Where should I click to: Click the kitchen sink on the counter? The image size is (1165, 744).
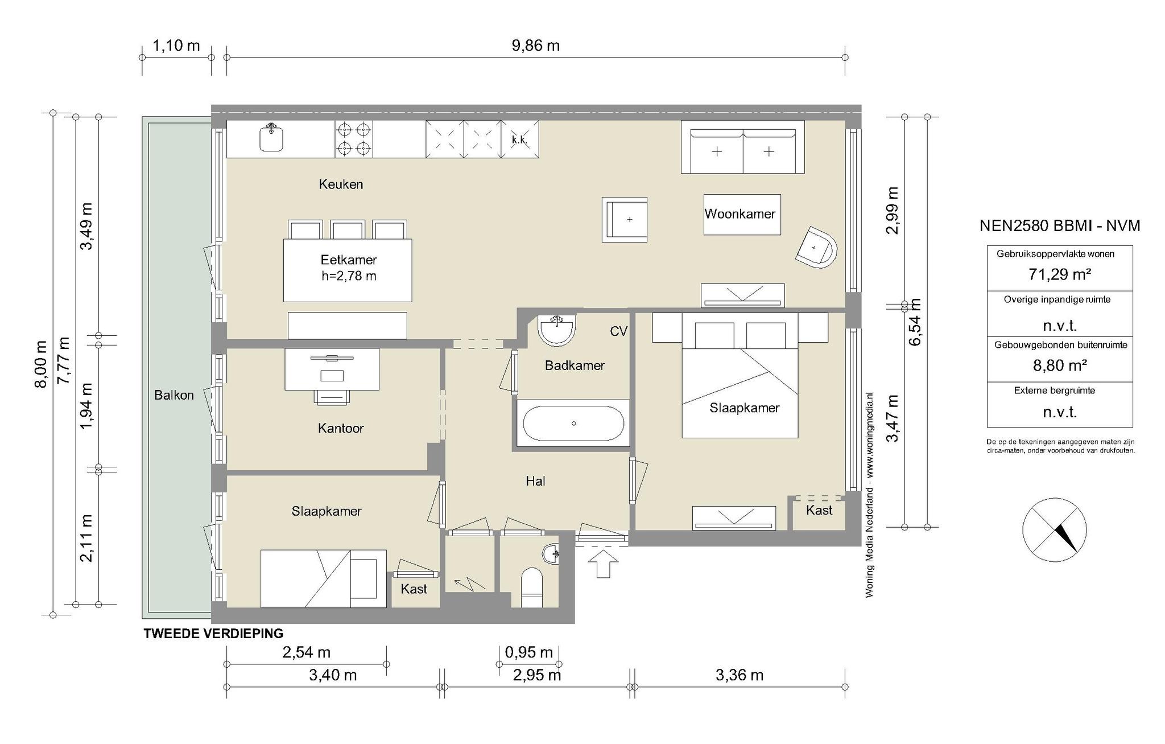[x=272, y=138]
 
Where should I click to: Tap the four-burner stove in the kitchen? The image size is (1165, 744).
[x=354, y=139]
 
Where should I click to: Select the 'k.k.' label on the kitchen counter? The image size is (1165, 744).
[x=519, y=139]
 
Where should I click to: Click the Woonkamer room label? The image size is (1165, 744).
[x=740, y=214]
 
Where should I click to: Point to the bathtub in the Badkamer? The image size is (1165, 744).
[x=573, y=424]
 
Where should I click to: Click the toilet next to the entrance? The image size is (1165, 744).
[x=532, y=587]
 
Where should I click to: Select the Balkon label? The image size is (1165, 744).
[x=174, y=395]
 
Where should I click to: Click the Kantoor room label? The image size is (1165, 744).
[x=341, y=428]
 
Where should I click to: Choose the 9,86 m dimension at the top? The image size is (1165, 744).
[x=536, y=46]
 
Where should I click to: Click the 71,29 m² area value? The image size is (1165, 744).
[x=1060, y=274]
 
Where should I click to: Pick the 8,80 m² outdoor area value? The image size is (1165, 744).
[x=1060, y=365]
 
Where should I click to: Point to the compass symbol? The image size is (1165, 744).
[x=1055, y=530]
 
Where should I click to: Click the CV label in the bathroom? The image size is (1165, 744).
[x=618, y=331]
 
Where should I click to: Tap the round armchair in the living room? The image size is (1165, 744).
[x=816, y=247]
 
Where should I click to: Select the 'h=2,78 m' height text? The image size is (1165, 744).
[x=349, y=277]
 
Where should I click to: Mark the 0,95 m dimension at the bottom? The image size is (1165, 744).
[x=529, y=652]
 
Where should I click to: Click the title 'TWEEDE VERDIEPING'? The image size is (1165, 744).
[x=213, y=633]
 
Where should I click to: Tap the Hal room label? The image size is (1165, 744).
[x=535, y=482]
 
